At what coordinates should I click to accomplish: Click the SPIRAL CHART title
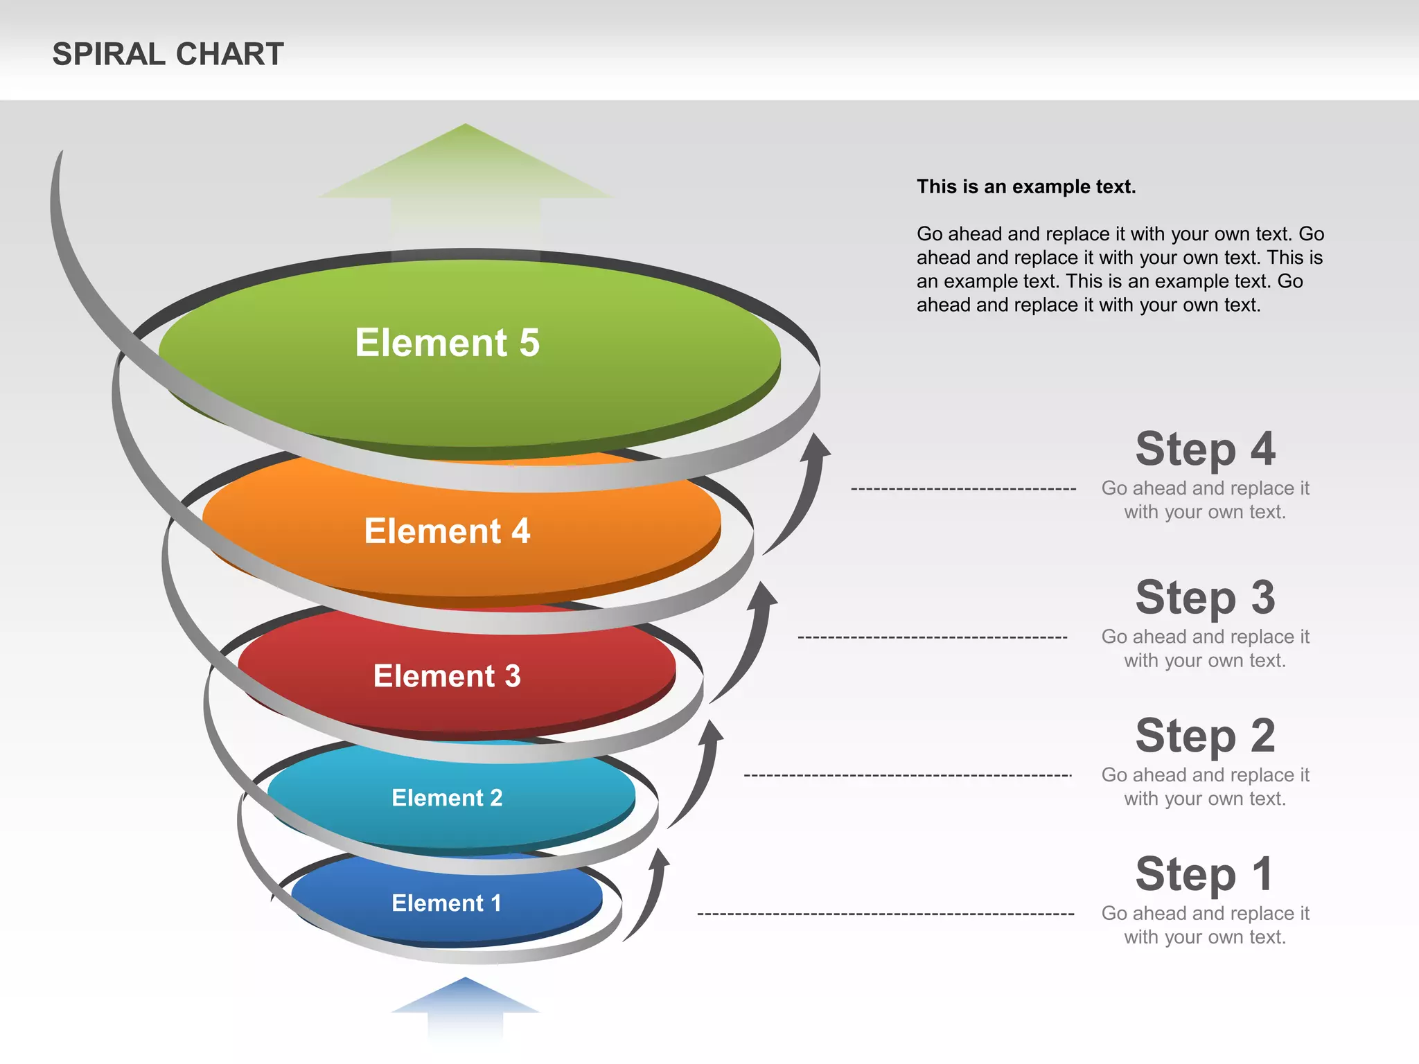click(x=168, y=54)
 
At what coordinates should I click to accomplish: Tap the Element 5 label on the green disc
click(x=447, y=343)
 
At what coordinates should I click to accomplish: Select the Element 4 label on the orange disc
click(x=447, y=531)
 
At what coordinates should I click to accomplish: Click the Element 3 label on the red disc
click(x=447, y=676)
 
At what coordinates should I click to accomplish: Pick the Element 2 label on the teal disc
click(x=447, y=798)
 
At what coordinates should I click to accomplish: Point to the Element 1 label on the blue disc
click(x=447, y=903)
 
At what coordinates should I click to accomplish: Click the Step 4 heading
click(x=1205, y=449)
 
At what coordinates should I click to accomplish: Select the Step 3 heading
click(x=1205, y=597)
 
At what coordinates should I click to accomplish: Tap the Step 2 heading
click(x=1205, y=736)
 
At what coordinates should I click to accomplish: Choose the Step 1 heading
click(x=1205, y=874)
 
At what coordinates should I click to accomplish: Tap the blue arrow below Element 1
click(x=465, y=1004)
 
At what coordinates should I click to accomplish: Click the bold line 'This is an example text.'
click(x=1026, y=187)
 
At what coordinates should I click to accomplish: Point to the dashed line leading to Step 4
click(x=963, y=489)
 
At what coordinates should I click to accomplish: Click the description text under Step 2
click(x=1205, y=787)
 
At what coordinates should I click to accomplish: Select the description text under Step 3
click(x=1205, y=648)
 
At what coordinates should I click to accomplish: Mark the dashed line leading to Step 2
click(x=908, y=776)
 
